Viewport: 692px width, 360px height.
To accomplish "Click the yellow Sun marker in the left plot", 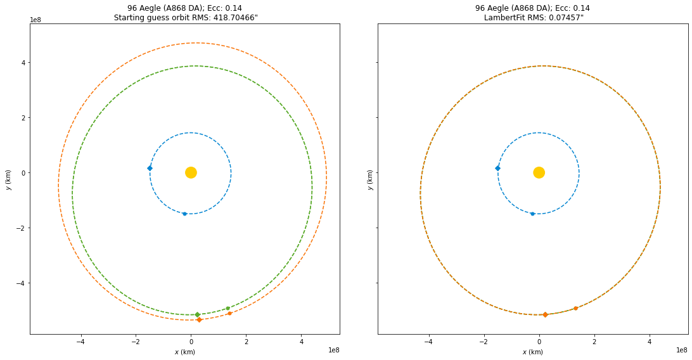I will (x=191, y=172).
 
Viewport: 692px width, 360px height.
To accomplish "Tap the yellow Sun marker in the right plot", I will (x=539, y=172).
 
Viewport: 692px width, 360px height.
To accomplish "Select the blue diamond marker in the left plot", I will (x=150, y=168).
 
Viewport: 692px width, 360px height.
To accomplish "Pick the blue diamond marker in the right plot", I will (x=497, y=168).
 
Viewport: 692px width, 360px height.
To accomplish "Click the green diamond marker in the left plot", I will (x=197, y=314).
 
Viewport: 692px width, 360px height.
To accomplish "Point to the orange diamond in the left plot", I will (x=199, y=319).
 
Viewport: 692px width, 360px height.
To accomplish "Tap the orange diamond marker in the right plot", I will (x=545, y=314).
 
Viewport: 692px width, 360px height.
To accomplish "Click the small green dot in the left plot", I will (x=227, y=309).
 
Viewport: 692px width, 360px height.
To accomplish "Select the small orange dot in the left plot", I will (x=229, y=313).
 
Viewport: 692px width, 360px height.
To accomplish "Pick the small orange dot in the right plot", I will (x=575, y=309).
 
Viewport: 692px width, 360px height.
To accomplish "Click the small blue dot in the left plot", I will (x=184, y=214).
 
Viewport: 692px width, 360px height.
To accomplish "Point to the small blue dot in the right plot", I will (x=532, y=214).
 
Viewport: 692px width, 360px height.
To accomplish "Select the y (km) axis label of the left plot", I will (x=8, y=179).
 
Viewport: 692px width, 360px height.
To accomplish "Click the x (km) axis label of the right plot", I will (x=532, y=352).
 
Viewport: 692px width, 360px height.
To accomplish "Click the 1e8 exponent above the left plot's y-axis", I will (x=36, y=20).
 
